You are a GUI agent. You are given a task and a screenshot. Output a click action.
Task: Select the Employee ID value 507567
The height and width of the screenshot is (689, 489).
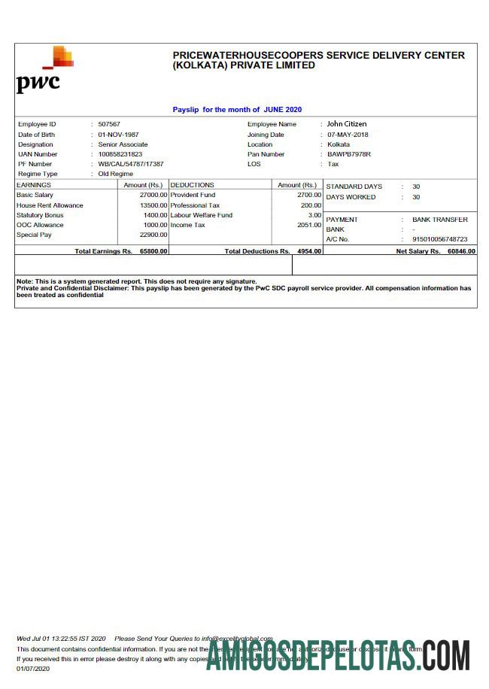(x=109, y=124)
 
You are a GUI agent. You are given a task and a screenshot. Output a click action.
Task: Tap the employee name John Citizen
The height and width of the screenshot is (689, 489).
(x=346, y=124)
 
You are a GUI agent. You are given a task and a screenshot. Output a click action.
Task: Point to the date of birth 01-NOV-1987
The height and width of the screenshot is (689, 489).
(x=118, y=135)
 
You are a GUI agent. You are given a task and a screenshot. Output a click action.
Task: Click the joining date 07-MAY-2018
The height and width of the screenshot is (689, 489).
(x=348, y=135)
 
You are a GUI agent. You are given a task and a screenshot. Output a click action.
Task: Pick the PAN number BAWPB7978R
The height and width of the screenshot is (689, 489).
(x=349, y=154)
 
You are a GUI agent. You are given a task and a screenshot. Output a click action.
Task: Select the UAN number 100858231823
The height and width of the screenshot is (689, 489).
(x=120, y=154)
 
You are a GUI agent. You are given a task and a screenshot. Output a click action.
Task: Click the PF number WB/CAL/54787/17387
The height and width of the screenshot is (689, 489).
(x=131, y=164)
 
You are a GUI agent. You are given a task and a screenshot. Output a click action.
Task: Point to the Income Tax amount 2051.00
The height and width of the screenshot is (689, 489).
(x=308, y=225)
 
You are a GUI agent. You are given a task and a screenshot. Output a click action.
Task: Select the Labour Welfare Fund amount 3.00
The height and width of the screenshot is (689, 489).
(x=314, y=215)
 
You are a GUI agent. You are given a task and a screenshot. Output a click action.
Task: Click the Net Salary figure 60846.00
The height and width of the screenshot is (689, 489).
(x=461, y=251)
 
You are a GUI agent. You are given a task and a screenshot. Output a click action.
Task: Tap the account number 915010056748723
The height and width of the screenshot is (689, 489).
(x=439, y=239)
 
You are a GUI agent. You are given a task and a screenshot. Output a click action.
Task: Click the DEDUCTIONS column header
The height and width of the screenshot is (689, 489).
(x=193, y=185)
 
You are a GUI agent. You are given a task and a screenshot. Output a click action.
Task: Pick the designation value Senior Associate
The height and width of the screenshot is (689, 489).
(x=123, y=144)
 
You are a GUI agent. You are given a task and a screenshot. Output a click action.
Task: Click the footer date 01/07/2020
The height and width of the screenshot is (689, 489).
(x=32, y=668)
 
